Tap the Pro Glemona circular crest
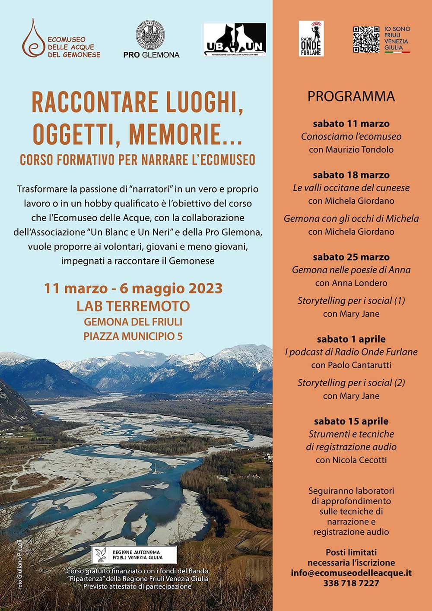coord(150,35)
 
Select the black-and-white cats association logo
coord(235,39)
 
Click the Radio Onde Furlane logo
coord(311,38)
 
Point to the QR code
coord(366,39)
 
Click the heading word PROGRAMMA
coord(351,96)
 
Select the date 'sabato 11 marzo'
coord(351,124)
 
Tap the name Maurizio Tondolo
coord(351,150)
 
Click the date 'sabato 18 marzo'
coord(351,175)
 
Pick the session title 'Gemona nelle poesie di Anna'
coord(351,270)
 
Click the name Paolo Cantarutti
coord(351,365)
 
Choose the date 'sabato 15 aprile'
coord(351,421)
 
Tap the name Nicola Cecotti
coord(351,460)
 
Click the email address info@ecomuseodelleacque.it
coord(351,573)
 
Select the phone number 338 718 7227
coord(351,583)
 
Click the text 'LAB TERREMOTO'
coord(133,306)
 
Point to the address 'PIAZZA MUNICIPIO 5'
coord(133,336)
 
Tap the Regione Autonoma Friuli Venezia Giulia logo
coord(134,554)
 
